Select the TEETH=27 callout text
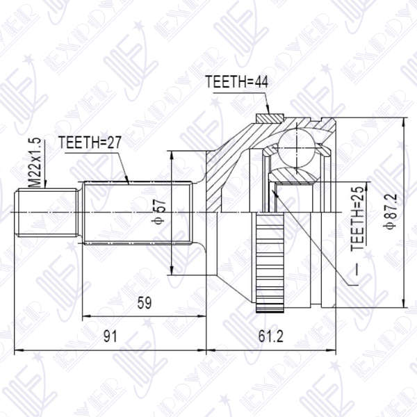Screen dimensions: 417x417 90,143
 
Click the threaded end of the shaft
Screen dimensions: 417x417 45,212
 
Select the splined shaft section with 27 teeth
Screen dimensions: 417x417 139,212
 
